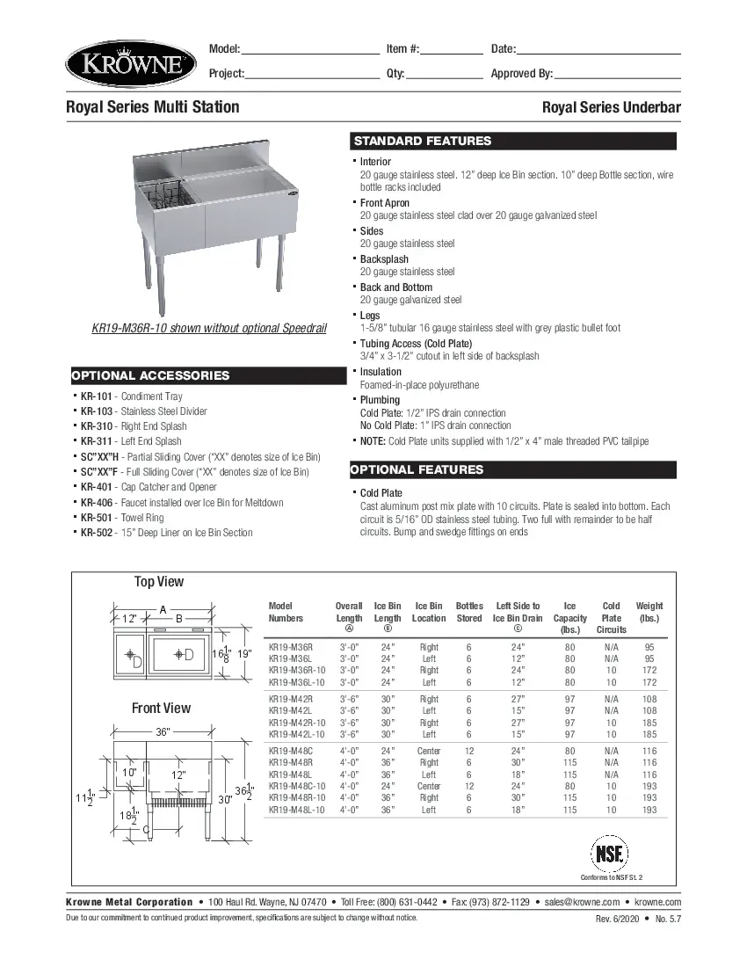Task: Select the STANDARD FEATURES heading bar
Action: tap(514, 141)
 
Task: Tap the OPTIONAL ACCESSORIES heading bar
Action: tap(208, 375)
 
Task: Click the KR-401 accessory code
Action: tap(97, 487)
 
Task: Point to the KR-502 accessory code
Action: tap(97, 533)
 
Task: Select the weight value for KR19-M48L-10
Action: tap(649, 810)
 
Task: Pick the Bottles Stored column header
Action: tap(469, 612)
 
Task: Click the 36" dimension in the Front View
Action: tap(163, 731)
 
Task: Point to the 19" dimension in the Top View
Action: tap(247, 653)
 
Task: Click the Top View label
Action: tap(159, 581)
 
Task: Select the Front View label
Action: tap(161, 708)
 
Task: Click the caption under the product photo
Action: tap(209, 328)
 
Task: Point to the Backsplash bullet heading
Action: tap(384, 259)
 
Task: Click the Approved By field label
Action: tap(521, 73)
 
